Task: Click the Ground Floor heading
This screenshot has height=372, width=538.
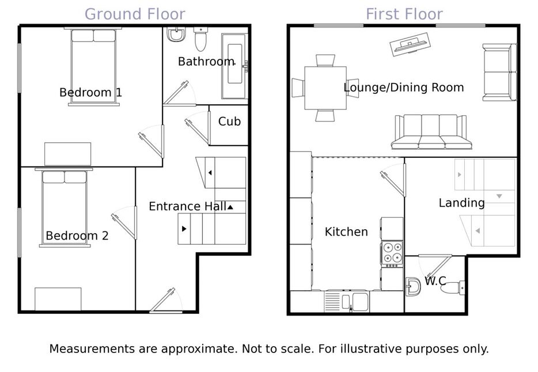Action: (135, 14)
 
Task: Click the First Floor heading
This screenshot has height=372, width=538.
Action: (404, 14)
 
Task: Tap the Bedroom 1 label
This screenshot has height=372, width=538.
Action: (90, 92)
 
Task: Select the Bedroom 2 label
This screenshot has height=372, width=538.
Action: (77, 236)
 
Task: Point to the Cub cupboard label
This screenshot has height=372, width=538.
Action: (229, 122)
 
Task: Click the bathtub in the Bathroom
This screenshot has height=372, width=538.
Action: (234, 66)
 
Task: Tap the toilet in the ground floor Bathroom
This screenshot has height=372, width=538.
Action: (200, 39)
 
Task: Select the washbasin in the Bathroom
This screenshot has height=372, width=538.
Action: (176, 35)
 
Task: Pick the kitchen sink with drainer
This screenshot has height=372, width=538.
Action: (347, 301)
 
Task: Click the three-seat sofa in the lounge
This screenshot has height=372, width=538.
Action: (431, 132)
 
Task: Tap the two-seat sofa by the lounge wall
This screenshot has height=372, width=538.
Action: (499, 73)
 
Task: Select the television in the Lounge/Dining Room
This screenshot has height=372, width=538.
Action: (410, 44)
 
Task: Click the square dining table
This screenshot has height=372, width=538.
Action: (325, 88)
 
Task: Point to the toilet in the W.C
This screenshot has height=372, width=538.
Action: (453, 288)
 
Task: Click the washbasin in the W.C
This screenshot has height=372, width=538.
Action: (413, 286)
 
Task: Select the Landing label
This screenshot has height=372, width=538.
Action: (462, 203)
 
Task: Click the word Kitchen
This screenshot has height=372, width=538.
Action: (346, 231)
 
